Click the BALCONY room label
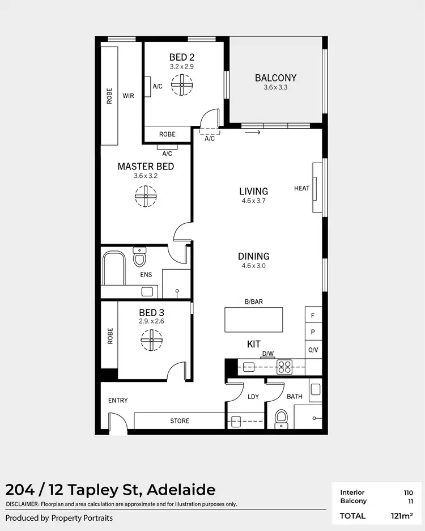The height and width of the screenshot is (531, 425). pos(275,78)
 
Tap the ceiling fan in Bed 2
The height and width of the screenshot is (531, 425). pos(182,87)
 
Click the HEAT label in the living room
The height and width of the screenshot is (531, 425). pos(301,188)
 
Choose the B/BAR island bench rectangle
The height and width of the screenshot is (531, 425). pos(253,320)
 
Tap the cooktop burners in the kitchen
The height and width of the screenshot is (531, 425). pos(284,367)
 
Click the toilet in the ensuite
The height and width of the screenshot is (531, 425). pos(139,258)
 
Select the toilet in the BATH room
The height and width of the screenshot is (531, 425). pos(281,419)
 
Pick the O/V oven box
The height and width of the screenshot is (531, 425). pos(313,350)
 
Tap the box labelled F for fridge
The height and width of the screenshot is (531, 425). pos(313,314)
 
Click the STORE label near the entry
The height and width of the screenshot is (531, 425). pos(180,421)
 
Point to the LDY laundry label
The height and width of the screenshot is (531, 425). pos(253,397)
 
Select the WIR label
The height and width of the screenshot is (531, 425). pos(129,96)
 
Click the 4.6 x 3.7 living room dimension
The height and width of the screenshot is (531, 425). pos(253,201)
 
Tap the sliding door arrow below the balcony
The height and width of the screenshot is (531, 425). pos(253,133)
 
